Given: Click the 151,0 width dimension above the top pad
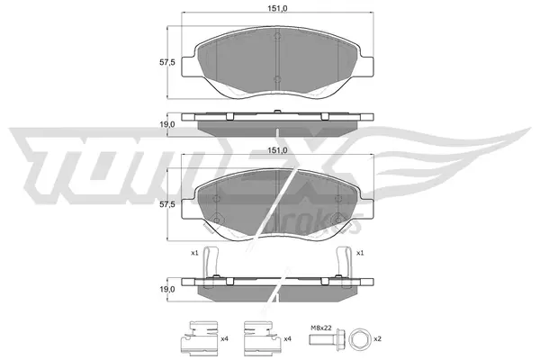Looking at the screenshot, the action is click(277, 9).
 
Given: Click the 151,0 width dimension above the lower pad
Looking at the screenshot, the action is click(277, 150).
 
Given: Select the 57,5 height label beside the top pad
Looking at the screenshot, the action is click(168, 62).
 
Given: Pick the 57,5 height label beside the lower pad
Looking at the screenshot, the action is click(168, 204).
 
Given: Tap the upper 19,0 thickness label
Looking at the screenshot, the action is click(168, 124).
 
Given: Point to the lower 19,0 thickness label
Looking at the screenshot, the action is click(168, 290).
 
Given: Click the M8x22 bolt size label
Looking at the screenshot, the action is click(320, 328).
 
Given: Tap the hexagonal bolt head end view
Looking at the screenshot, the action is click(359, 339).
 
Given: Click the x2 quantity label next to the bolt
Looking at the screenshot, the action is click(377, 339).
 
